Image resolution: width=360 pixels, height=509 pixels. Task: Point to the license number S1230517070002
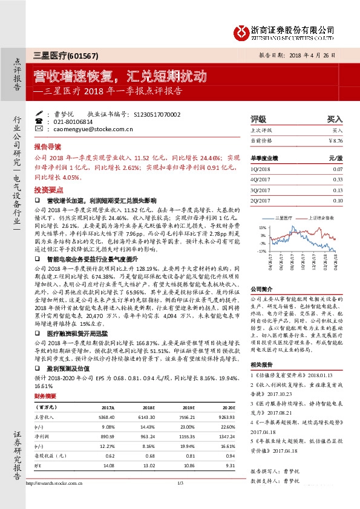155,114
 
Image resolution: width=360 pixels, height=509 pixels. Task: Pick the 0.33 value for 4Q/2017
338,179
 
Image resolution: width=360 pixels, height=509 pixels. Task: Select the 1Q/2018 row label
260,169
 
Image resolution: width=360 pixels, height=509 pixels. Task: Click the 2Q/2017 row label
260,200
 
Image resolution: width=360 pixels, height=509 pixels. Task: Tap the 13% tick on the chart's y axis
262,228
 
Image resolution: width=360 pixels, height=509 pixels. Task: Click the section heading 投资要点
47,190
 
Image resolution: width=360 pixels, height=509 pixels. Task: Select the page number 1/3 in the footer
180,499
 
